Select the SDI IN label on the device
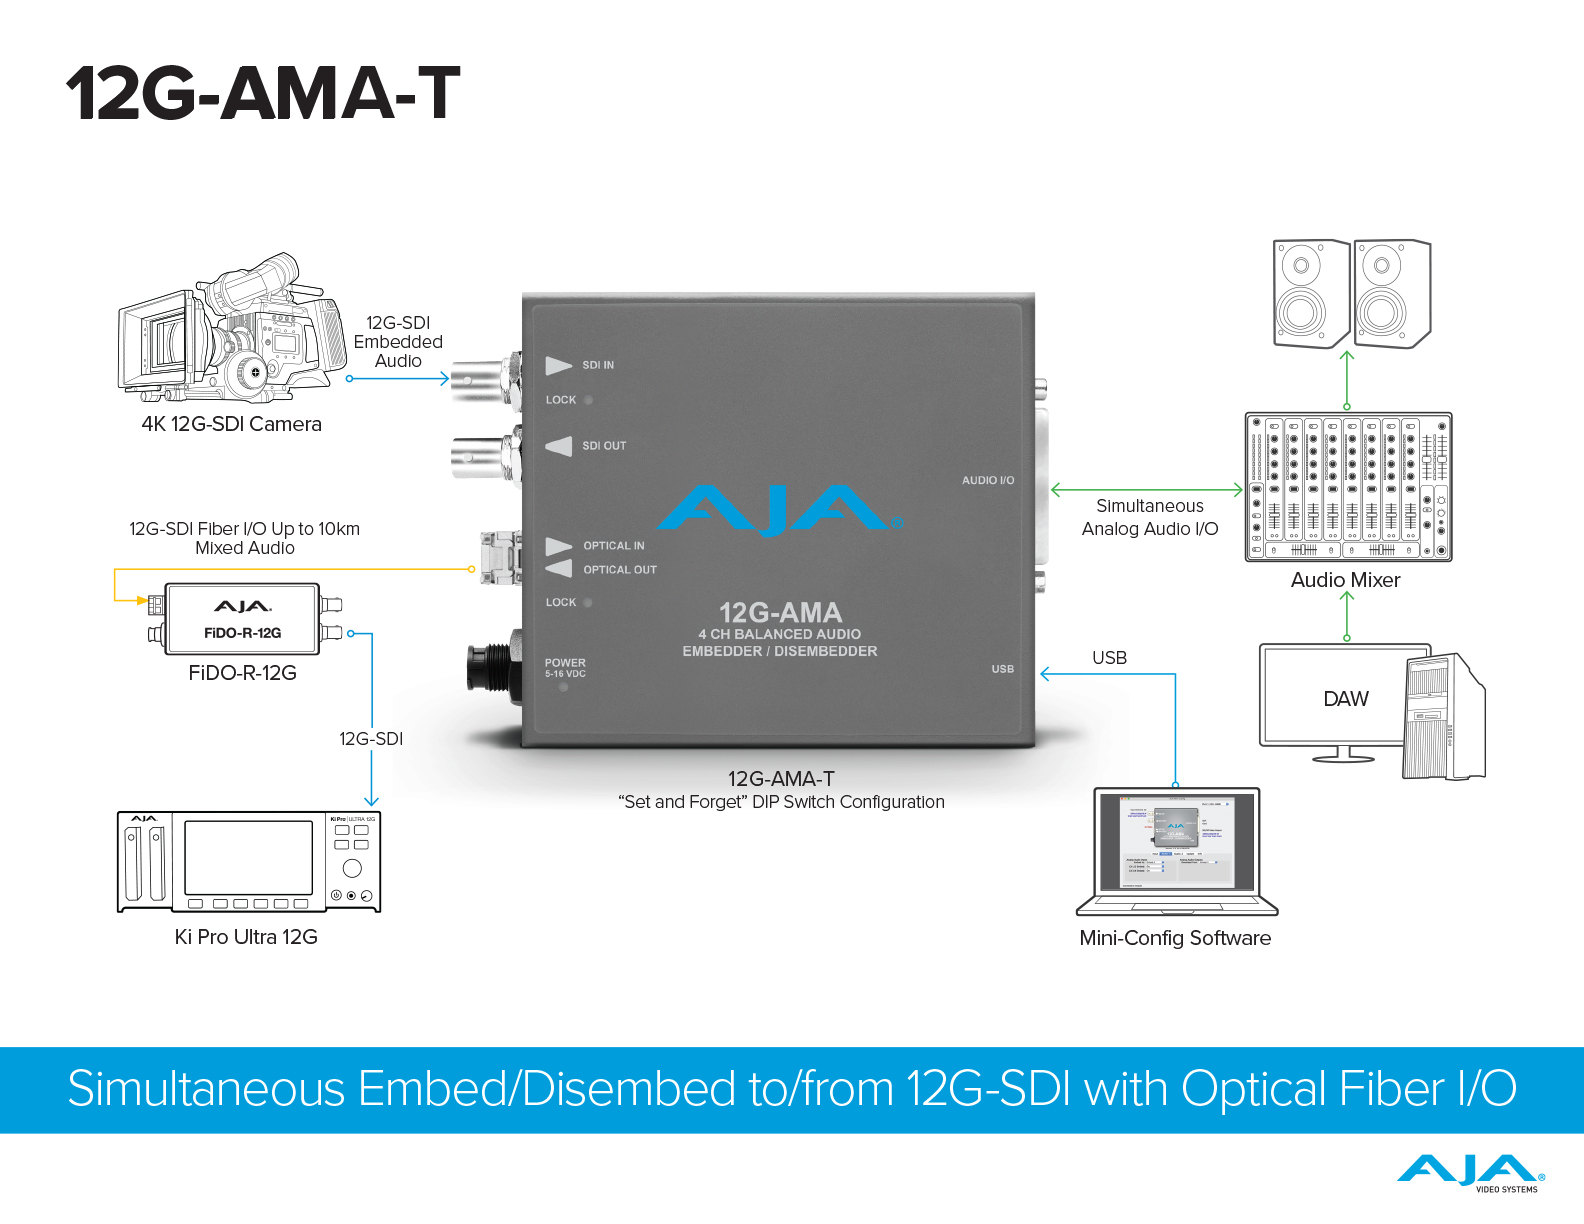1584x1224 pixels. click(598, 366)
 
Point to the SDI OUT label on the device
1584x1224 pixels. click(604, 446)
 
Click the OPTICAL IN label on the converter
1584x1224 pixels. click(613, 546)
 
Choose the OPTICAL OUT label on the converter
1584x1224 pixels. click(619, 570)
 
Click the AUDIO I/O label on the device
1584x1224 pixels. click(987, 481)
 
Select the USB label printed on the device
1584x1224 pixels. click(1002, 669)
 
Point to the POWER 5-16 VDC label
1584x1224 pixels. click(565, 668)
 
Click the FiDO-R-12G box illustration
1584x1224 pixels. click(243, 619)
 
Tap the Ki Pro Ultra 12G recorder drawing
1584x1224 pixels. click(249, 862)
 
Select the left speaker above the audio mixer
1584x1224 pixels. click(1311, 294)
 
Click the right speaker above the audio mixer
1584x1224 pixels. click(1391, 294)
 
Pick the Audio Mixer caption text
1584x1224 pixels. click(1345, 580)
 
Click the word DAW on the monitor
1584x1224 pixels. click(1345, 699)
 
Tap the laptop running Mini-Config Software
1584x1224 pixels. click(1176, 851)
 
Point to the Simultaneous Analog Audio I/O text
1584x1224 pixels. click(1149, 518)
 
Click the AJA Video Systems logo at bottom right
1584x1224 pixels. click(1470, 1173)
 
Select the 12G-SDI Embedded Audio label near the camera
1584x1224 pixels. click(398, 342)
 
